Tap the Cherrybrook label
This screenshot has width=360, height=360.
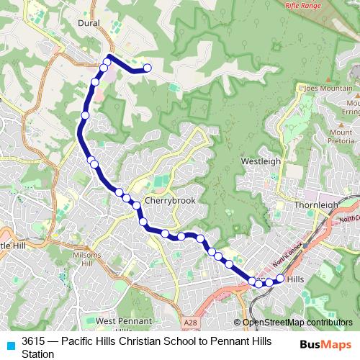(170, 201)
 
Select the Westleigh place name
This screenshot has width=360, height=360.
(260, 161)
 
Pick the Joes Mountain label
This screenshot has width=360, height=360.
(328, 89)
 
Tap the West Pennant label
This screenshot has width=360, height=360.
(123, 320)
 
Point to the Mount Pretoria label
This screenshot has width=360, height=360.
(341, 136)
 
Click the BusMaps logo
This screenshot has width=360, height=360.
(325, 344)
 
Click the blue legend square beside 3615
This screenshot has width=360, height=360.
(9, 344)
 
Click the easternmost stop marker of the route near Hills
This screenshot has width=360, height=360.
(280, 277)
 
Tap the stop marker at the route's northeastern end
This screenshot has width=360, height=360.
(148, 68)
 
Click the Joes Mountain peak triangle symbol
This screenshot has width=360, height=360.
(328, 79)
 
